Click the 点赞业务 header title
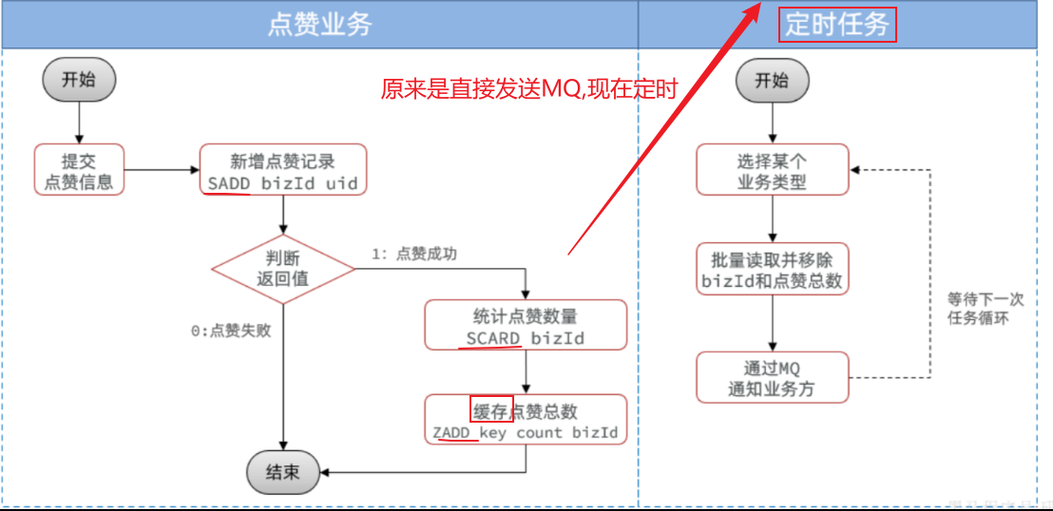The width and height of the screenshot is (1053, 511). tap(319, 25)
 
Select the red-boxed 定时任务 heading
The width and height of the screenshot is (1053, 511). tap(837, 25)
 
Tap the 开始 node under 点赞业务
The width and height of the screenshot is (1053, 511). tap(79, 80)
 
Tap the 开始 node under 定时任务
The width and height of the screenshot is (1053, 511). tap(772, 81)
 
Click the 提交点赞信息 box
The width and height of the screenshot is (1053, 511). tap(79, 170)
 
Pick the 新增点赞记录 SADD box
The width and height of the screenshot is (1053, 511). tap(282, 171)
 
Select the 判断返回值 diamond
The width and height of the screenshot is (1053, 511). tap(282, 268)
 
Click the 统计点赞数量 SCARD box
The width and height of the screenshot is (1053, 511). tap(526, 325)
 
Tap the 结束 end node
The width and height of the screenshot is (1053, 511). tap(282, 471)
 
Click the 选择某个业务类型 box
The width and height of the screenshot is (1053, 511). tap(772, 170)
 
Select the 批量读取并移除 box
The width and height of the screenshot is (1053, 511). tap(772, 269)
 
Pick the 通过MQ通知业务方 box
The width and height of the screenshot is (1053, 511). tap(772, 377)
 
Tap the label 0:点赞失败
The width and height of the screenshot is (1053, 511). tap(231, 331)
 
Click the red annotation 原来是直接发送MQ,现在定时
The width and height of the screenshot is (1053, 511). tap(529, 90)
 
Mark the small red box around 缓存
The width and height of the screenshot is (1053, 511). tap(491, 409)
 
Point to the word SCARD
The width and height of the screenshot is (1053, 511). tap(493, 338)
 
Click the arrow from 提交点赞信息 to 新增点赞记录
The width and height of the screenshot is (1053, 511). tap(162, 171)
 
